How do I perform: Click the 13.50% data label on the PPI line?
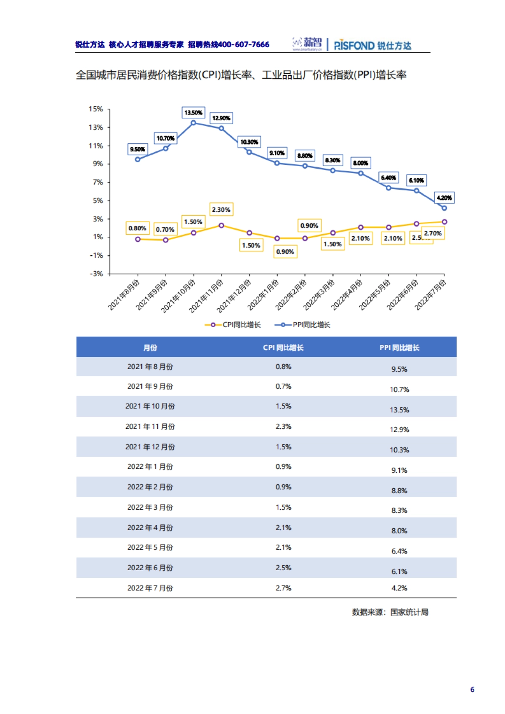[194, 113]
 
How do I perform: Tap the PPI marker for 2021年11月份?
[221, 128]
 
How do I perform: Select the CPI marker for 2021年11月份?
[221, 225]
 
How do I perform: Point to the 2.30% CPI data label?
[221, 209]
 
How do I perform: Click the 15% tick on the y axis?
[96, 109]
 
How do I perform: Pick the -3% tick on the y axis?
[96, 274]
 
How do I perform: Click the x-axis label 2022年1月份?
[263, 295]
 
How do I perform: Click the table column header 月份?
[150, 348]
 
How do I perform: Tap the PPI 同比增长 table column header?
[399, 348]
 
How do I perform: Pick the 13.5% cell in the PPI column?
[399, 410]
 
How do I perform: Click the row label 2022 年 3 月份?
[150, 507]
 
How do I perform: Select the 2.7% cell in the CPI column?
[283, 588]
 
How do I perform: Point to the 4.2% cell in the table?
[399, 588]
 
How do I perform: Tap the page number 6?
[472, 689]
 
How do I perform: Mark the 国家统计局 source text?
[409, 612]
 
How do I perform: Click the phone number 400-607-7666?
[244, 45]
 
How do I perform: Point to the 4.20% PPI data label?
[444, 198]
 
